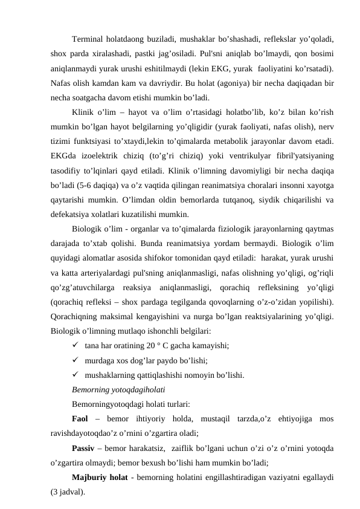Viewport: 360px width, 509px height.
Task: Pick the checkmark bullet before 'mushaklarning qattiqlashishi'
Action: [x=76, y=374]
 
